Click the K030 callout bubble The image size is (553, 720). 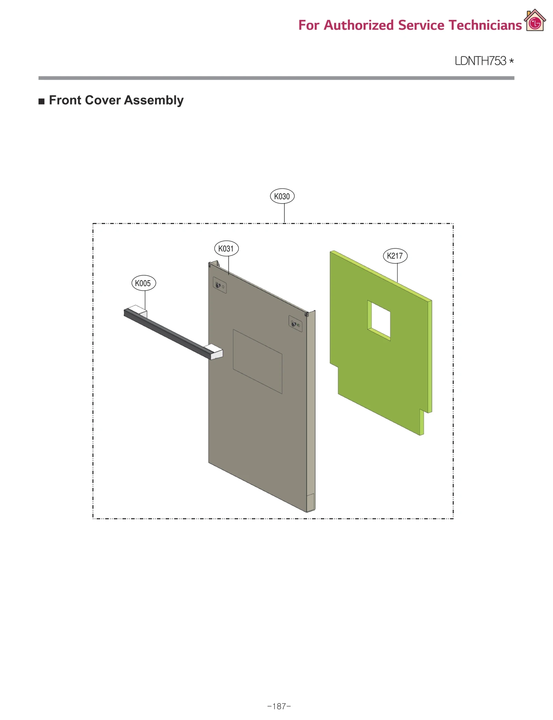pyautogui.click(x=282, y=196)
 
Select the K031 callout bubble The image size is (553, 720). pyautogui.click(x=226, y=248)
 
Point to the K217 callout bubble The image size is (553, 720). pyautogui.click(x=395, y=256)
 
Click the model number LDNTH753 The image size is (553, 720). pyautogui.click(x=480, y=61)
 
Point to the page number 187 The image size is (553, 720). pyautogui.click(x=279, y=706)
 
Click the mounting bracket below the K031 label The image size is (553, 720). pyautogui.click(x=219, y=286)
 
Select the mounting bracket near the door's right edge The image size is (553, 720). pyautogui.click(x=295, y=324)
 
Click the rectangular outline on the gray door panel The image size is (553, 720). pyautogui.click(x=257, y=361)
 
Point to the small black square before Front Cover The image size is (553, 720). pyautogui.click(x=41, y=101)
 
